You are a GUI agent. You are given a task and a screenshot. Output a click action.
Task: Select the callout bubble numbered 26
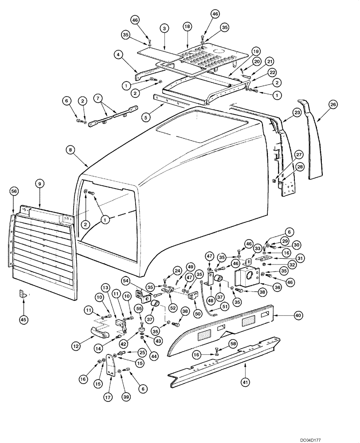tap(333, 105)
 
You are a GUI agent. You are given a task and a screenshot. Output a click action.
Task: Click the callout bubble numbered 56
tap(14, 190)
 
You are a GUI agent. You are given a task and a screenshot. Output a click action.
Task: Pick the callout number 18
tap(187, 27)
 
